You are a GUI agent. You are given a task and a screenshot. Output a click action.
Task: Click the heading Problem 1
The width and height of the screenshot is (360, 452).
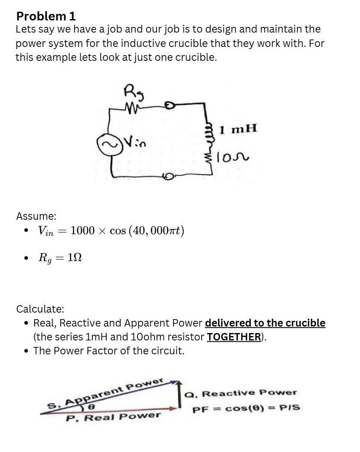(x=46, y=16)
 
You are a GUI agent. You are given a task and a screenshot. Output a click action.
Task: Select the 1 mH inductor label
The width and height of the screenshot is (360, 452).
(x=238, y=129)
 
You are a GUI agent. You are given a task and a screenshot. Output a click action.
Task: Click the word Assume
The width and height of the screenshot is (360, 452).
(x=36, y=216)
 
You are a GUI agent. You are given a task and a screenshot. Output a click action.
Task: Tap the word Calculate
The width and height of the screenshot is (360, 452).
(x=40, y=309)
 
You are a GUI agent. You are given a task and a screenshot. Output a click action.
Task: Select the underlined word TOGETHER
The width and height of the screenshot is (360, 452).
(x=233, y=337)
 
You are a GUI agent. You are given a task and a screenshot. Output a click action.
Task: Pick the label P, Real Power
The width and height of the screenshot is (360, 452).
(x=114, y=417)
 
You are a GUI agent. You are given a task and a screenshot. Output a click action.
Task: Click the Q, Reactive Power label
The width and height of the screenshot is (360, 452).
(x=241, y=393)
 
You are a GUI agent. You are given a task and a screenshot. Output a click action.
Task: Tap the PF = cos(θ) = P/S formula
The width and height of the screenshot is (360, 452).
(x=246, y=409)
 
